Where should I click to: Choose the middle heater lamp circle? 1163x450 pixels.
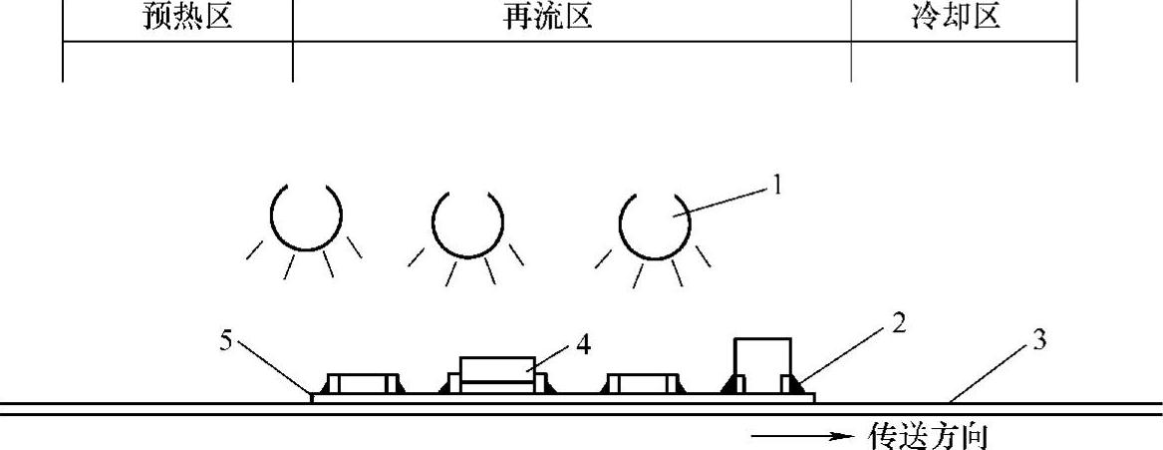(467, 220)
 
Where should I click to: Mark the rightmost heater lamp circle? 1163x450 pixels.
(654, 222)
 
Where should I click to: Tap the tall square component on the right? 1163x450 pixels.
(763, 365)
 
